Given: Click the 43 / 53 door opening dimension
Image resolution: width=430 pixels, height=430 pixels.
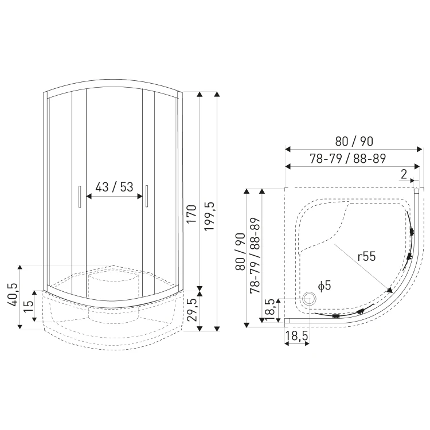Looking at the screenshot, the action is click(x=114, y=187).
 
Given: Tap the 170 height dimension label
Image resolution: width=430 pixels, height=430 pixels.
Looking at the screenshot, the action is click(x=191, y=214).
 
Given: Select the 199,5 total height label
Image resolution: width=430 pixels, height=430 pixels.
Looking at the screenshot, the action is click(x=210, y=216).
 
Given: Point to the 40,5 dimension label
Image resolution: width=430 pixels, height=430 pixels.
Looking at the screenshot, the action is click(x=13, y=294).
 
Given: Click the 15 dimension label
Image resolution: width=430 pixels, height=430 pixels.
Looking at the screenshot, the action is click(x=28, y=306).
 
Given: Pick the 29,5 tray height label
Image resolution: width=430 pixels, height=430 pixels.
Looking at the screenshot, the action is click(x=191, y=310).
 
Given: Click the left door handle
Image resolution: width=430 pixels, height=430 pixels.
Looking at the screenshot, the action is click(x=80, y=197).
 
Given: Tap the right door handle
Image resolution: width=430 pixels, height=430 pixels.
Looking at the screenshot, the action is click(x=147, y=196).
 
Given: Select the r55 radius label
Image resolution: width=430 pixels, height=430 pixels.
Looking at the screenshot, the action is click(x=367, y=256).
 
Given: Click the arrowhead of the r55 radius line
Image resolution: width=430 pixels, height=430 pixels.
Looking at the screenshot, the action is click(x=390, y=290).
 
